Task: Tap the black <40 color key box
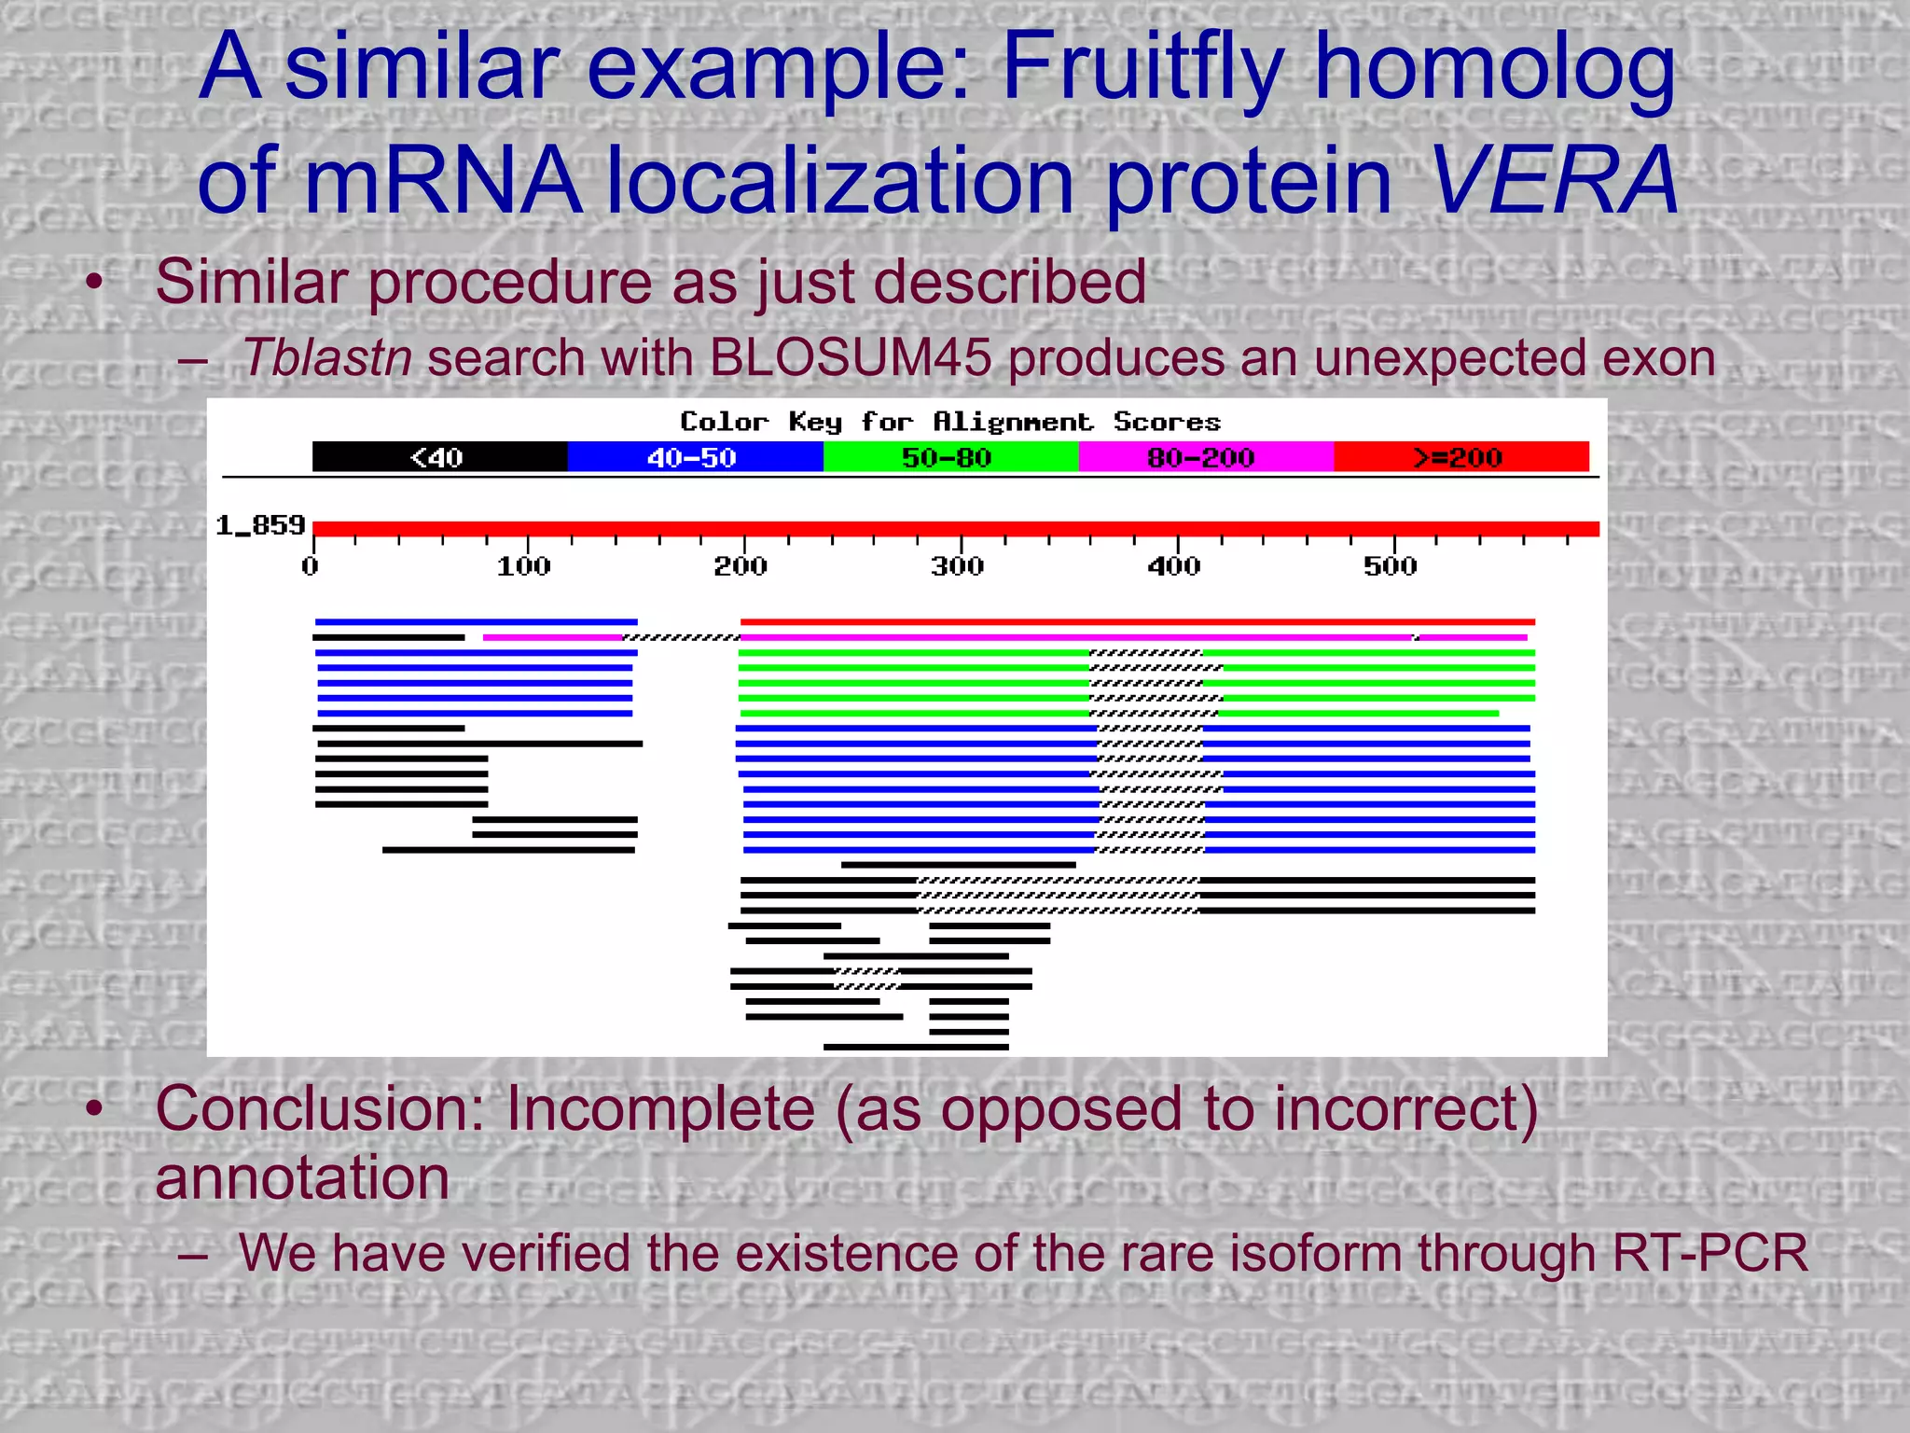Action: [439, 457]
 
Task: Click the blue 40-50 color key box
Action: [695, 457]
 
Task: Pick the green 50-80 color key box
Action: [949, 457]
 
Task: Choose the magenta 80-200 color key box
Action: [1205, 457]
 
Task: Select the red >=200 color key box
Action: [1460, 457]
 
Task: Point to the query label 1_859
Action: [260, 526]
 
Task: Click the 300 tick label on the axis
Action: [958, 566]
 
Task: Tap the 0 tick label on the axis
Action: [311, 566]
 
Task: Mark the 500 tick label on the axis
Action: [1391, 566]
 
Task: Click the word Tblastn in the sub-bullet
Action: [326, 357]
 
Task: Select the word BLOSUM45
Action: [850, 357]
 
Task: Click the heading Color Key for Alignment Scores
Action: [949, 422]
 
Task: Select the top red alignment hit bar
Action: [1137, 621]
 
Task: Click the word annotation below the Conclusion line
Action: [302, 1177]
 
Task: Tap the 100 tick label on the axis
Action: [524, 566]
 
